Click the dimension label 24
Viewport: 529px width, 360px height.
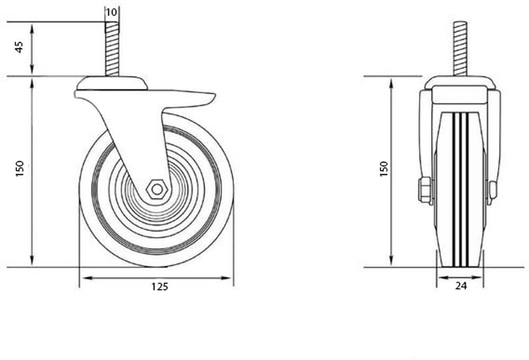point(460,286)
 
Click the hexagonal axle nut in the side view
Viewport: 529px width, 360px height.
point(157,189)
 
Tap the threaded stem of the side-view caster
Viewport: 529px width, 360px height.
point(112,48)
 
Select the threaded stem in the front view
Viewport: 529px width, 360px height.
point(460,48)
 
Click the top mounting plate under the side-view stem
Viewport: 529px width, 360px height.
point(111,84)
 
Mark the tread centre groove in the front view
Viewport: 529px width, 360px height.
point(460,190)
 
